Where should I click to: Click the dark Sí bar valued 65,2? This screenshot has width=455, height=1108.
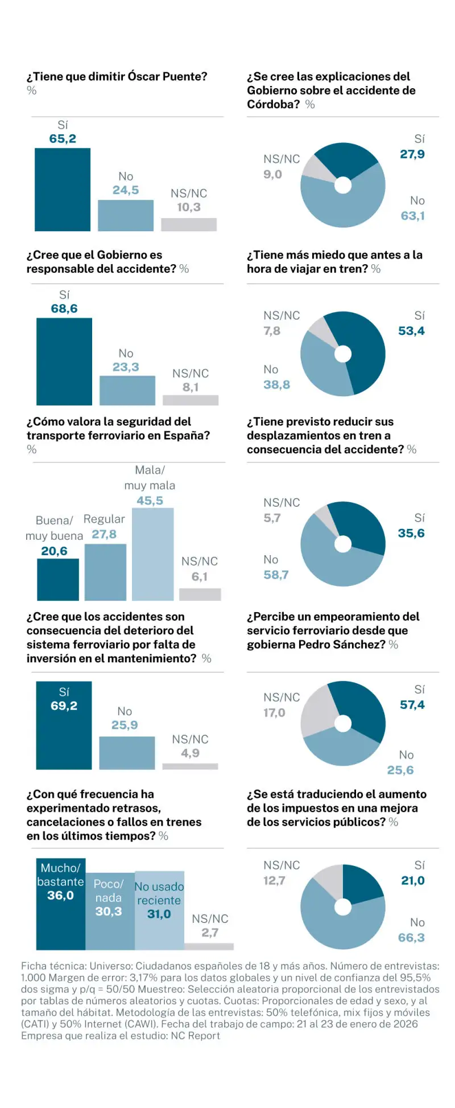coord(63,190)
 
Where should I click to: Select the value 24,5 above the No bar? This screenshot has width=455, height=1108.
coord(126,190)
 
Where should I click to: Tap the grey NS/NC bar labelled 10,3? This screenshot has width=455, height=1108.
coord(189,224)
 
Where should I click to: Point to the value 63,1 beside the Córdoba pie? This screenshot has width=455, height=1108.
coord(413,216)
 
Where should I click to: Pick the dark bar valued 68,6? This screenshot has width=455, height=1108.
coord(64,362)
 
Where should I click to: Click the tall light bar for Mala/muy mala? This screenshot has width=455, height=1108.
coord(152,554)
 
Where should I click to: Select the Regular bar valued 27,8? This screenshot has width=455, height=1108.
coord(105,572)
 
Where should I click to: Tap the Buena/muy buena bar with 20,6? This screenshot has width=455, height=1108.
coord(58,579)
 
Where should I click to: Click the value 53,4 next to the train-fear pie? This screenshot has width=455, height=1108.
coord(411,331)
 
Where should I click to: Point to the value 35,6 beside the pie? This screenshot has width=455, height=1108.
coord(411,534)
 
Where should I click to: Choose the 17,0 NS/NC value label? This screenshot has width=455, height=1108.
coord(274,713)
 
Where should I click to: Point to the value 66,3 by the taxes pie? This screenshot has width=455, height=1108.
coord(411,938)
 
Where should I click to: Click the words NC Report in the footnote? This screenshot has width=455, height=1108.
coord(195,1036)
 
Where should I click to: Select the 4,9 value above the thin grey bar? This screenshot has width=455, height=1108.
coord(190,753)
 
